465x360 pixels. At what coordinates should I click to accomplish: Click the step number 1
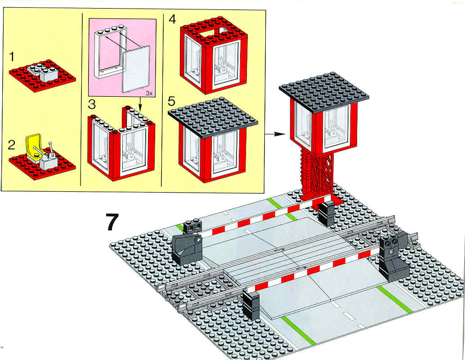pos(12,56)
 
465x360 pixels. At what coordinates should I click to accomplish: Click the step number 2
pos(11,145)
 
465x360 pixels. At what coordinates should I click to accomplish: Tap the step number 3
pos(92,104)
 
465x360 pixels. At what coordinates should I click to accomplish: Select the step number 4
pos(172,19)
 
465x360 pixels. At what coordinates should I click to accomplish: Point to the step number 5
pos(172,101)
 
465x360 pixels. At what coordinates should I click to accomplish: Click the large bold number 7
pos(112,221)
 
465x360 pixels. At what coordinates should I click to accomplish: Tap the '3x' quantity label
pos(149,93)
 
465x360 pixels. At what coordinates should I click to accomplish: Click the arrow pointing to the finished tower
pos(275,134)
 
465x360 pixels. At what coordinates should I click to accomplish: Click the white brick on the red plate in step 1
pos(43,73)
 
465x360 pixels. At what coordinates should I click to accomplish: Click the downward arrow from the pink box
pos(140,103)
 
